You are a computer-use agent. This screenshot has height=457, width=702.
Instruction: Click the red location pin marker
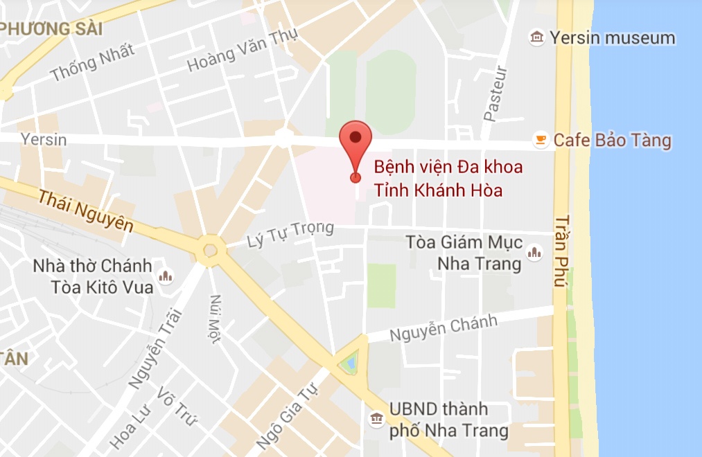click(356, 143)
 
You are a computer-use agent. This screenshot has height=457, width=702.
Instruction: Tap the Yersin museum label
click(613, 37)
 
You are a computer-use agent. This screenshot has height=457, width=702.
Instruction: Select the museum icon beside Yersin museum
click(536, 37)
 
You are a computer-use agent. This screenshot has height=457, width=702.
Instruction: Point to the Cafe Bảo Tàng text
click(612, 141)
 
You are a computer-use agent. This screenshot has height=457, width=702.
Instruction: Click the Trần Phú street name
click(561, 251)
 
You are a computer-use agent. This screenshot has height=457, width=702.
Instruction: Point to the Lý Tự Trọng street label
click(290, 234)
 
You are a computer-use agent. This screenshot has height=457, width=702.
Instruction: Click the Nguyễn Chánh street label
click(444, 328)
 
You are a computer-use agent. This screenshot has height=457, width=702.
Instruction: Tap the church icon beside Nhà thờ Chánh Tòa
click(166, 278)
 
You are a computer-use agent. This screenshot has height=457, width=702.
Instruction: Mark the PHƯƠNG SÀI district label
click(52, 30)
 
